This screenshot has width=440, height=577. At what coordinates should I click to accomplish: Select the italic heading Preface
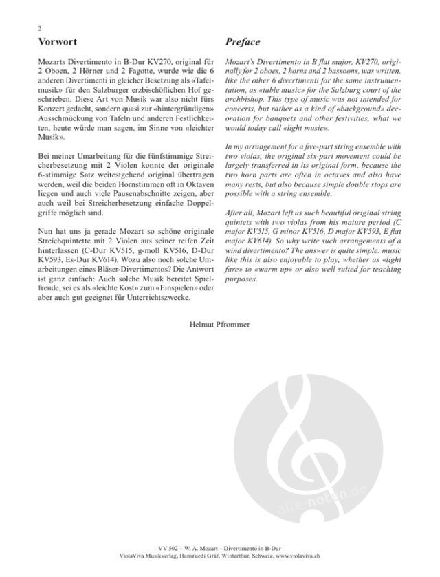pyautogui.click(x=243, y=41)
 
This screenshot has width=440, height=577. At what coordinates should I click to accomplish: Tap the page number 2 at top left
pyautogui.click(x=41, y=28)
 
